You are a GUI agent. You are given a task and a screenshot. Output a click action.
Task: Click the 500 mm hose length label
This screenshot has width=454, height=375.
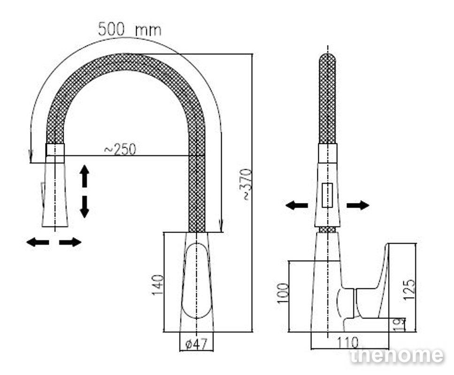point(130,30)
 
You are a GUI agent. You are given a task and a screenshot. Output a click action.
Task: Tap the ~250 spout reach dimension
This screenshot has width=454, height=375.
point(120,150)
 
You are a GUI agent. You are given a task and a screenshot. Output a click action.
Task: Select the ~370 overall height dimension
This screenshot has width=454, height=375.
point(247,184)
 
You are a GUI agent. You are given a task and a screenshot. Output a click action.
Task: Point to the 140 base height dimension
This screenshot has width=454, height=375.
point(158,285)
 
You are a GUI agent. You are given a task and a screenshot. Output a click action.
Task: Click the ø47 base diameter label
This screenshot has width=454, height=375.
point(196,344)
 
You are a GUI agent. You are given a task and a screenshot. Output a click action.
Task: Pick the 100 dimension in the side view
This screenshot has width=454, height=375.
point(283,293)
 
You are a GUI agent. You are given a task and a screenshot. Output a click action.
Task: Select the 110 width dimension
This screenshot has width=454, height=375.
point(347,343)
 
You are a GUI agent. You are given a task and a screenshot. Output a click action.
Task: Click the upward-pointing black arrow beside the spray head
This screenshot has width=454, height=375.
point(84,175)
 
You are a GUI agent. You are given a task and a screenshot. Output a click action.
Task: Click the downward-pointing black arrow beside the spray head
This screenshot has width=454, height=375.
point(84,207)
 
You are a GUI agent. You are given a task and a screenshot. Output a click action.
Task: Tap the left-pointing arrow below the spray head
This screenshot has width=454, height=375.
point(38,242)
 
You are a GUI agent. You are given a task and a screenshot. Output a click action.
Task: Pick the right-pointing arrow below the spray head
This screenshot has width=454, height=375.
point(70,242)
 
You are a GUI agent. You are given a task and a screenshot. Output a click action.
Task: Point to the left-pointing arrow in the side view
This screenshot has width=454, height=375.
point(297,206)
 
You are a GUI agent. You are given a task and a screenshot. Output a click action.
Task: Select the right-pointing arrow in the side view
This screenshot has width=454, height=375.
point(358,206)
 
